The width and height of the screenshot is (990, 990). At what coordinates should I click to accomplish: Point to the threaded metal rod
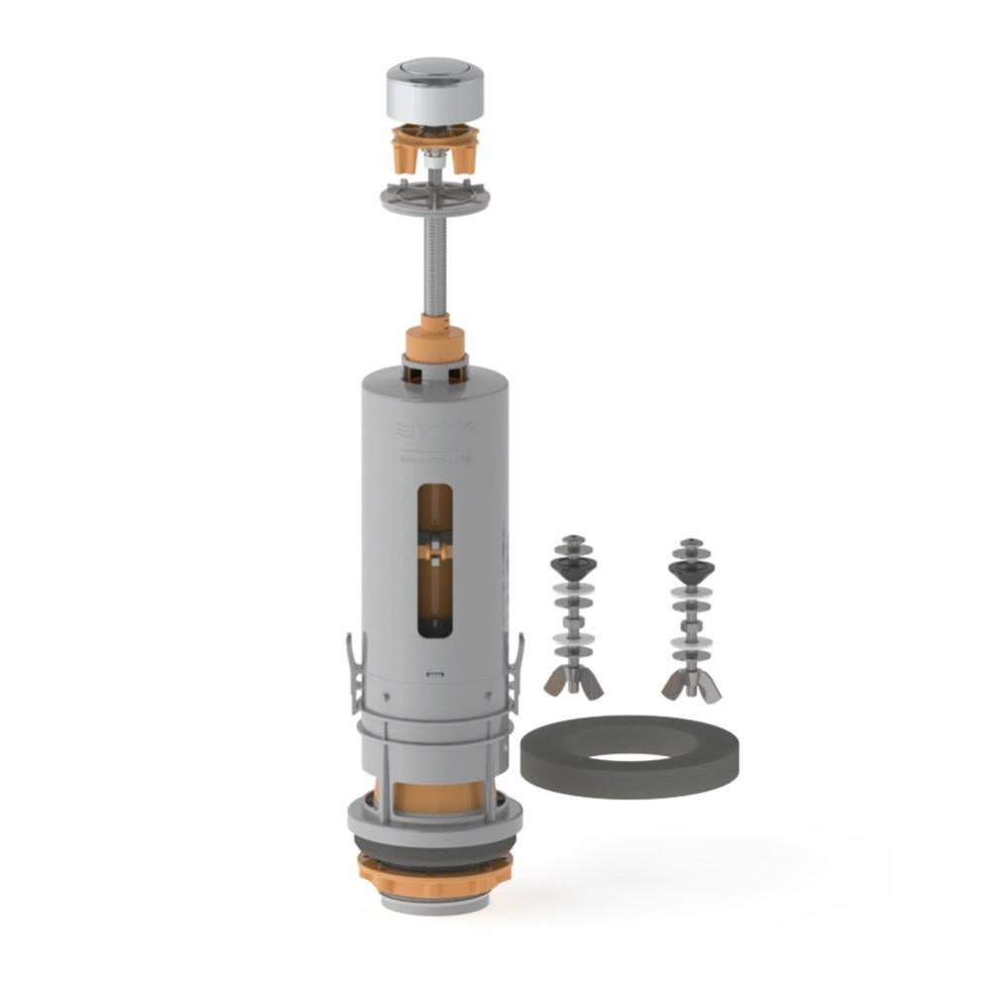[434, 268]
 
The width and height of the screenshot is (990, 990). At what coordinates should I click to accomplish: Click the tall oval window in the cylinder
[435, 558]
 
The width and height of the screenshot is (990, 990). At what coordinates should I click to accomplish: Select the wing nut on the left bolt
[574, 681]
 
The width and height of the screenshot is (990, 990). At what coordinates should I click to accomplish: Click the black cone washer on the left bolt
[574, 571]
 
